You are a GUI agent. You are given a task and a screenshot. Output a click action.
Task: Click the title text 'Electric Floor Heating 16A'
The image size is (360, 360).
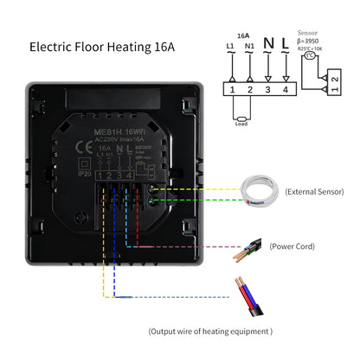(x=102, y=45)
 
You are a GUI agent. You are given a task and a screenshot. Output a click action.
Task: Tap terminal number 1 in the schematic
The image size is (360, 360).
(x=232, y=88)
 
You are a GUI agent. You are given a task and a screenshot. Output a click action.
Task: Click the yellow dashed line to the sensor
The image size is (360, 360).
(x=199, y=190)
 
